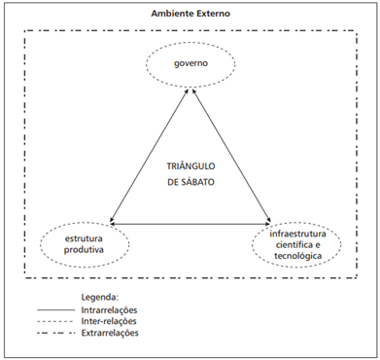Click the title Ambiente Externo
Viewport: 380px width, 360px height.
pyautogui.click(x=190, y=14)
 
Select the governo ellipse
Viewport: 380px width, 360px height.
pyautogui.click(x=190, y=42)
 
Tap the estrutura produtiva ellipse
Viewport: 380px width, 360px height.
pyautogui.click(x=85, y=222)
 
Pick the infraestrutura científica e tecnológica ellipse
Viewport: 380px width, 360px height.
pyautogui.click(x=296, y=222)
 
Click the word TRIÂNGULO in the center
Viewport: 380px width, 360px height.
pyautogui.click(x=190, y=166)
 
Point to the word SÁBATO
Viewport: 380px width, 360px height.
pyautogui.click(x=197, y=182)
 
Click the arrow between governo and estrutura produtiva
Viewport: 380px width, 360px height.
pyautogui.click(x=149, y=156)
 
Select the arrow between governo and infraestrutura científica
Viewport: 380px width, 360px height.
pyautogui.click(x=231, y=156)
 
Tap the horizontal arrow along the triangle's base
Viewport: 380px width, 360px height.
pyautogui.click(x=190, y=224)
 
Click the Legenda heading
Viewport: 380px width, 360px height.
pyautogui.click(x=100, y=297)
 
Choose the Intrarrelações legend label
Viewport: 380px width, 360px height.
pyautogui.click(x=109, y=310)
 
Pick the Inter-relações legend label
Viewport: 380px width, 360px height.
pyautogui.click(x=109, y=321)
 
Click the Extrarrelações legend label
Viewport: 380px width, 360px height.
pyautogui.click(x=110, y=333)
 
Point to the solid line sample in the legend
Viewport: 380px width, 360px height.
pyautogui.click(x=55, y=310)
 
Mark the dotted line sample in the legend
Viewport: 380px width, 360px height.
pyautogui.click(x=55, y=321)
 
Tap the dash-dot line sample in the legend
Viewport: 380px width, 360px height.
pyautogui.click(x=55, y=333)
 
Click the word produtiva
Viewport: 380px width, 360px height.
pyautogui.click(x=84, y=250)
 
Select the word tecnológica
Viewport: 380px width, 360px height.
pyautogui.click(x=298, y=256)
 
